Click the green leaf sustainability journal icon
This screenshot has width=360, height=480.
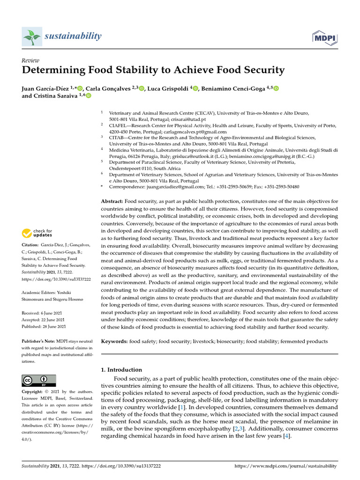(x=31, y=37)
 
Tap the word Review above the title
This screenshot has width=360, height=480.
(x=30, y=60)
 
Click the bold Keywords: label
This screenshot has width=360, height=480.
(x=114, y=342)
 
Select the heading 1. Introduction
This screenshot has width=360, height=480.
(x=121, y=369)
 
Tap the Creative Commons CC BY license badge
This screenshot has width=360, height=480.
(x=39, y=380)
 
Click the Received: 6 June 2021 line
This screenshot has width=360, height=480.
(x=44, y=312)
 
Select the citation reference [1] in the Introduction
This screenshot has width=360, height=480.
(x=181, y=408)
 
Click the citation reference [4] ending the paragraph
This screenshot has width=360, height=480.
(x=286, y=436)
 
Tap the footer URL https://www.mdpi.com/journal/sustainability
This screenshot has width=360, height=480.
(x=285, y=466)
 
